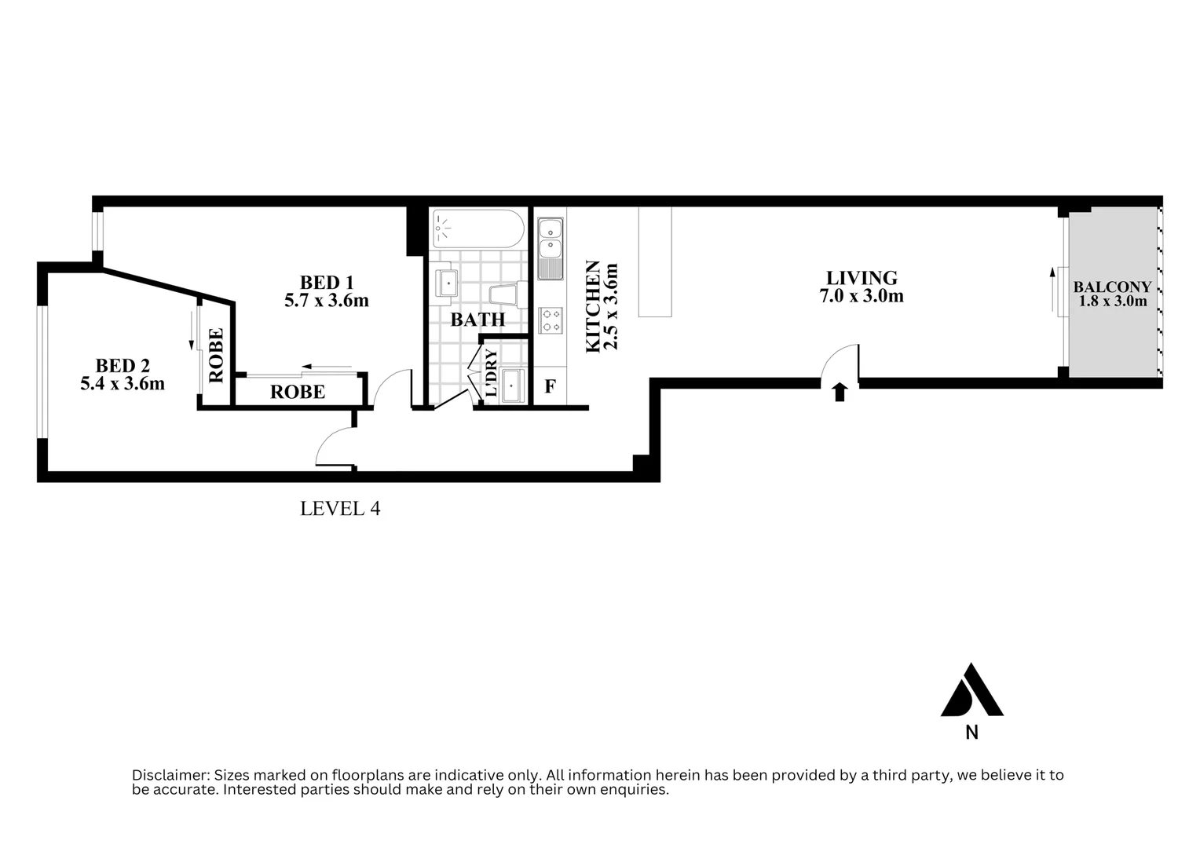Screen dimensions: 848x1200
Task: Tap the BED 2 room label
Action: coord(123,366)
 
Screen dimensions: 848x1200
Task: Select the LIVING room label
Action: coord(862,278)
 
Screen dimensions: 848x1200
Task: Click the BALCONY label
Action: coord(1112,287)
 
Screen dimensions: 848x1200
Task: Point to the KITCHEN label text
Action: coord(594,306)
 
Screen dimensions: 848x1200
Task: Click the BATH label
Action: coord(477,320)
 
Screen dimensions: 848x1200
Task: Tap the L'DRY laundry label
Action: coord(491,372)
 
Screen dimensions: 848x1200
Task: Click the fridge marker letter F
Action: coord(550,387)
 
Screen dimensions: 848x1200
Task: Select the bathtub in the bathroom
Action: coord(477,229)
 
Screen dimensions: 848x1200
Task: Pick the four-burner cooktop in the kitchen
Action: coord(551,320)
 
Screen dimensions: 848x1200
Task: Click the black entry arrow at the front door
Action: coord(840,392)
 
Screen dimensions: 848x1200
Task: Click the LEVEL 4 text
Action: coord(340,509)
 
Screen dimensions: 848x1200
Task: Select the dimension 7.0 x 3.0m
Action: coord(862,296)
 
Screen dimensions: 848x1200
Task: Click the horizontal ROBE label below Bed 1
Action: coord(298,392)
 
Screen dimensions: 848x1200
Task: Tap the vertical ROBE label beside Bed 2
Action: coord(216,355)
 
